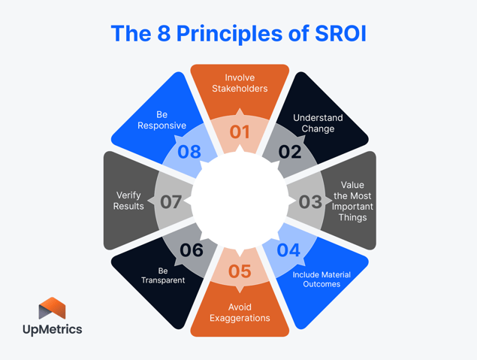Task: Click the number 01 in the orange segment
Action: coord(239,132)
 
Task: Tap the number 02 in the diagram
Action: coord(290,152)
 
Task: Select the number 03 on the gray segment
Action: coord(310,201)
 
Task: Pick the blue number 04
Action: coord(288,250)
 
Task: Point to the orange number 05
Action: coord(239,271)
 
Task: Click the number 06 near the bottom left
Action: coord(192,250)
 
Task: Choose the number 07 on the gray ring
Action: coord(171,201)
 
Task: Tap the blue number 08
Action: coord(189,152)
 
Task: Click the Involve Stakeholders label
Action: coord(240,83)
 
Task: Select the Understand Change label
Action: coord(318,123)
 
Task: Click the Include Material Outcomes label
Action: coord(322,280)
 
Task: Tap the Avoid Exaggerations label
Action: coord(240,312)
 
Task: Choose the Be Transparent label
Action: coord(163,275)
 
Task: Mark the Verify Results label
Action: coord(128,201)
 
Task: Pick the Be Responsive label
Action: coord(162,120)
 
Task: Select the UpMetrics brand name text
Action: coord(52,329)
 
